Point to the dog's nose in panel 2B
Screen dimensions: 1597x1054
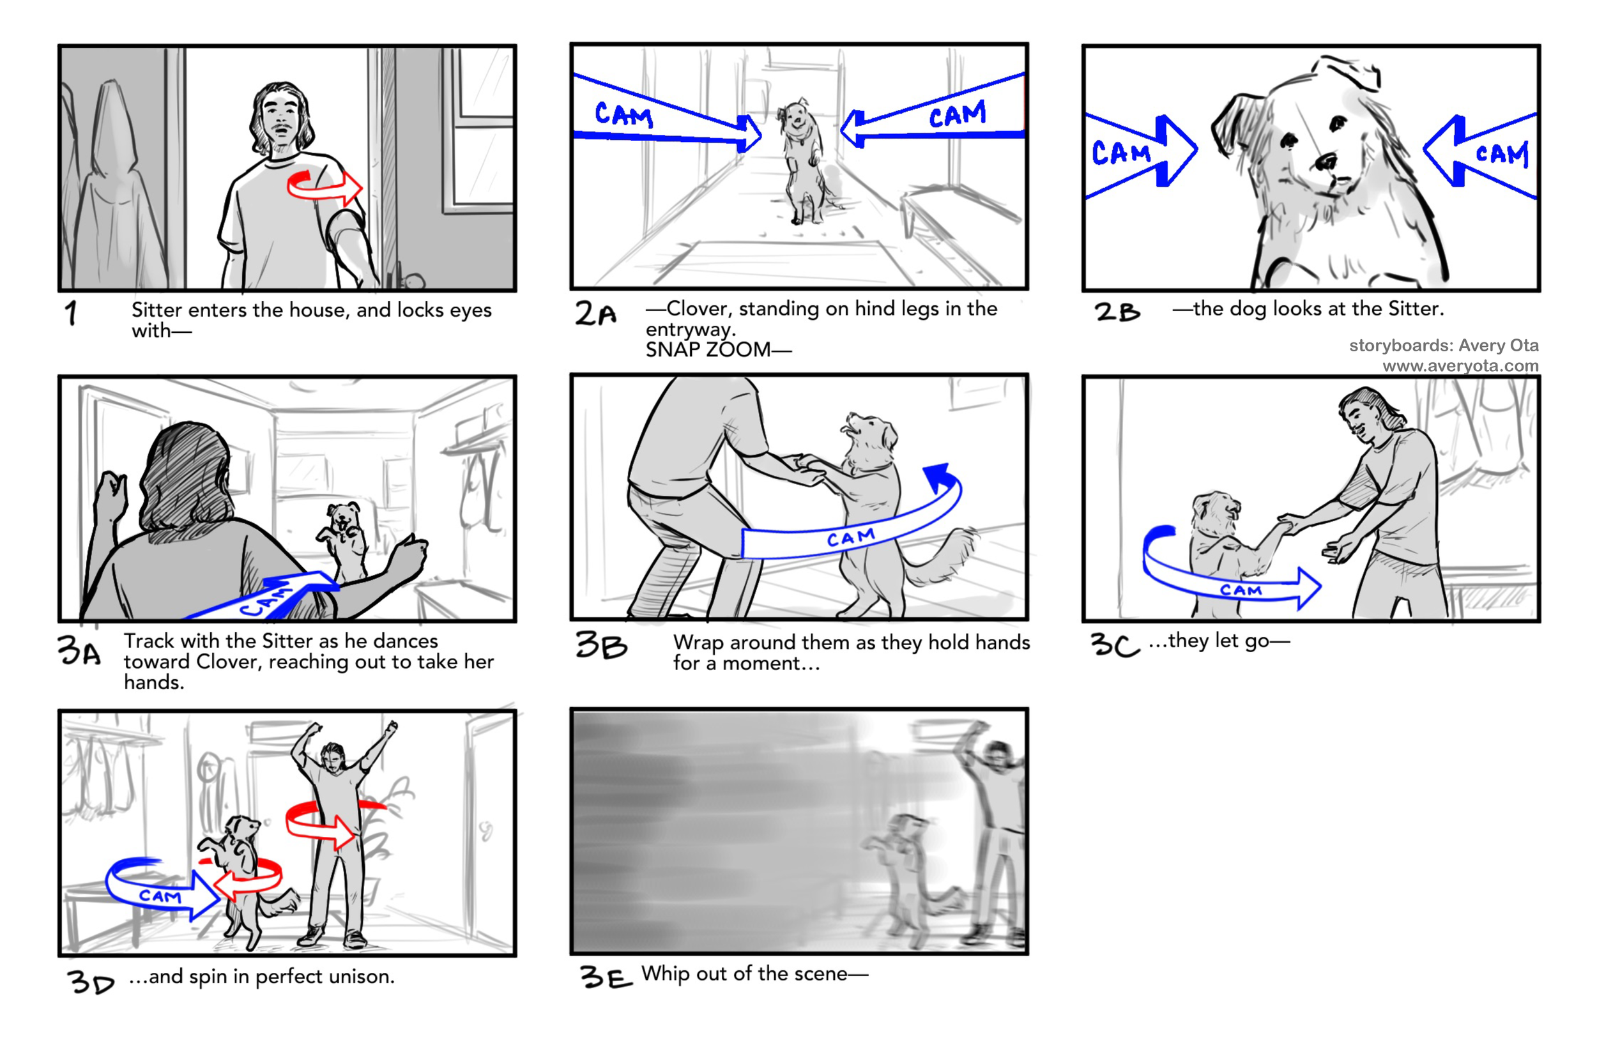coord(1326,162)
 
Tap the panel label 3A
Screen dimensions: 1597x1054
coord(79,650)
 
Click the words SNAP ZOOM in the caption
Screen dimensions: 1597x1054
coord(708,349)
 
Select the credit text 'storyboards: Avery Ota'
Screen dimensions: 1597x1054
coord(1443,345)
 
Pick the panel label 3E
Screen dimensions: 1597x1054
coord(606,976)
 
